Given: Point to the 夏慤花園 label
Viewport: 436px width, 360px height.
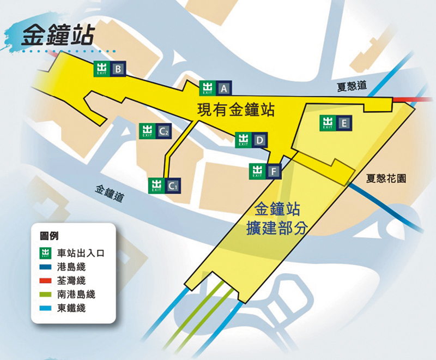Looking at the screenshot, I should (x=387, y=179).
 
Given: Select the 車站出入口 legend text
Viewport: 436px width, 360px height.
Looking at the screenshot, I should (x=81, y=253).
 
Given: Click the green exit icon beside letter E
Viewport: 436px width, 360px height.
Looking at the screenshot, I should (x=327, y=123).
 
